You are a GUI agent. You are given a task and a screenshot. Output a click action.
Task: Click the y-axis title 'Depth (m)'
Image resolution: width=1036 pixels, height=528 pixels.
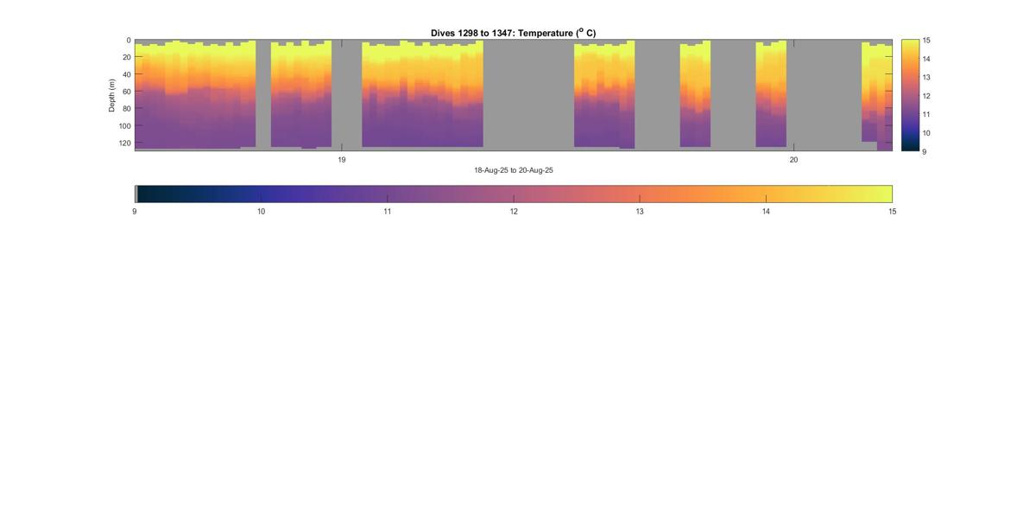tap(112, 95)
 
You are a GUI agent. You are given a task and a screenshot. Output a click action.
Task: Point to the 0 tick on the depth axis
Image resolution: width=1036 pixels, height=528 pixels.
tap(129, 41)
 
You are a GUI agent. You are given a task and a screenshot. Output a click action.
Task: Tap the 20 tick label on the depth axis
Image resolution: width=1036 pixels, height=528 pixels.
tap(127, 58)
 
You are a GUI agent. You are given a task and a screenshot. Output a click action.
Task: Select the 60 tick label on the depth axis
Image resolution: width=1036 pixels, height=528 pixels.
tap(127, 92)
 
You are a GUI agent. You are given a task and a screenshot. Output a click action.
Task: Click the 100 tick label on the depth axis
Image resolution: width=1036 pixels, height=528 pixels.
tap(125, 126)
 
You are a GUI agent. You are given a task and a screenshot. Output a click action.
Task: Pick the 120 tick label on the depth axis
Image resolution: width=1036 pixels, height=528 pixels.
tap(125, 143)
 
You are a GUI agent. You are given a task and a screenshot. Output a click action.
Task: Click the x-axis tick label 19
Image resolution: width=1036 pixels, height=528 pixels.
tap(342, 160)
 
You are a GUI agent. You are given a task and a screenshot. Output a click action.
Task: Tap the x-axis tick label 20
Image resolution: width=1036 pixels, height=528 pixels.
tap(793, 160)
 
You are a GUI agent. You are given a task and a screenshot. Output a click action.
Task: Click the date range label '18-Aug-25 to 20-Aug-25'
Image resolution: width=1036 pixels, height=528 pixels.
tap(513, 170)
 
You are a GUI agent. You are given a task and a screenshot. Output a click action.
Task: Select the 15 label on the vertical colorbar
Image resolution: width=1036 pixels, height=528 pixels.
tap(925, 41)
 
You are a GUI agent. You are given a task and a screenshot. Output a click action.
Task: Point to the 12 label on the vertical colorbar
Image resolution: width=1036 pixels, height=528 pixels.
tap(925, 96)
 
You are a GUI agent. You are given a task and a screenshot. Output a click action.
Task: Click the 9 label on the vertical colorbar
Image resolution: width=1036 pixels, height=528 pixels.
tap(924, 151)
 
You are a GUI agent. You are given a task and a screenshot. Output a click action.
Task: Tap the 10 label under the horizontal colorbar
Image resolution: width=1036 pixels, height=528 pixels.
tap(261, 212)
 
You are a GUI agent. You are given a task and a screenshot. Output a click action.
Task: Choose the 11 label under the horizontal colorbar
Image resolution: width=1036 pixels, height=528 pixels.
tap(387, 212)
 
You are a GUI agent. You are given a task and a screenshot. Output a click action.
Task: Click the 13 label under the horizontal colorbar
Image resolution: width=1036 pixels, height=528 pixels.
tap(640, 212)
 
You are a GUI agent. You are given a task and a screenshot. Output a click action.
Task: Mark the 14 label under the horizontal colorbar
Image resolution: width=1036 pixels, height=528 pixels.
tap(766, 212)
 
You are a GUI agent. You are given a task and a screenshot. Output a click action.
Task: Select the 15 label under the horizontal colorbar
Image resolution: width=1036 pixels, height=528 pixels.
tap(892, 212)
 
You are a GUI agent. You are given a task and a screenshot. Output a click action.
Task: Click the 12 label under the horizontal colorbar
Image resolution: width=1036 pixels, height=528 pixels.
tap(514, 212)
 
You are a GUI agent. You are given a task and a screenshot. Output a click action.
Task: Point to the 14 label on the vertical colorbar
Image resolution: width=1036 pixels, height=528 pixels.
tap(925, 59)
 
